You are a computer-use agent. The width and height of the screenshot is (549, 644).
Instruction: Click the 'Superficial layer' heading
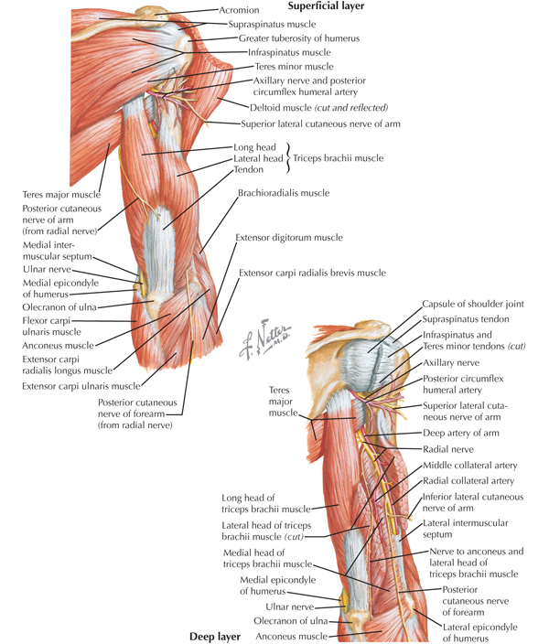(326, 5)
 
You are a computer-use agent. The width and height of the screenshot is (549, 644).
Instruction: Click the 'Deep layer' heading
(215, 637)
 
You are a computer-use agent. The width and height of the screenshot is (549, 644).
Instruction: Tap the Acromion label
(239, 10)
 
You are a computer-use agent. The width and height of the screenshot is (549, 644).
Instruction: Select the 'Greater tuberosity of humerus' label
(299, 38)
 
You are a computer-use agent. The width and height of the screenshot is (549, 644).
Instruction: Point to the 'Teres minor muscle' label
(295, 66)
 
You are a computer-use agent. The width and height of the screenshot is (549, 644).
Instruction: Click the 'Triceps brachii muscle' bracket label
(338, 158)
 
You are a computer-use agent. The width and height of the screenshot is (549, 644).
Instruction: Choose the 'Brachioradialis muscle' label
(284, 193)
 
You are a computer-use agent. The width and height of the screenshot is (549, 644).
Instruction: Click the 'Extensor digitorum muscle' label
(289, 238)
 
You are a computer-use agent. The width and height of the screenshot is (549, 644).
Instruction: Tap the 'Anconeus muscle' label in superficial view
(58, 346)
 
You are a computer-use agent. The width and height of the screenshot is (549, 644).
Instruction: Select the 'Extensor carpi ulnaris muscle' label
(81, 386)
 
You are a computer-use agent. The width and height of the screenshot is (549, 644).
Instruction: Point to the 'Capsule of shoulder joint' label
(473, 304)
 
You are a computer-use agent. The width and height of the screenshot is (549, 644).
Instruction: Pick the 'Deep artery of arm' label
(461, 433)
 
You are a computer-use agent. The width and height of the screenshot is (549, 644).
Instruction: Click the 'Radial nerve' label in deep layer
(448, 449)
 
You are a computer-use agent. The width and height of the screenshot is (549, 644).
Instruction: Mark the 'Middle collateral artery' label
(470, 466)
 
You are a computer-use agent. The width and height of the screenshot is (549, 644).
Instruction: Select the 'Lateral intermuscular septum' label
(466, 529)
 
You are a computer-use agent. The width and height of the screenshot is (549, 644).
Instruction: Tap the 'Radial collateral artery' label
(468, 481)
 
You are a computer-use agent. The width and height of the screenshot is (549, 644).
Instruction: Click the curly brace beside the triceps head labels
(288, 158)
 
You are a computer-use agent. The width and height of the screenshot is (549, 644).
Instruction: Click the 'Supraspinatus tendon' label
(466, 319)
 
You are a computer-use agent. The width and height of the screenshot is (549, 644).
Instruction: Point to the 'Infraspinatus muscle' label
(289, 52)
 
